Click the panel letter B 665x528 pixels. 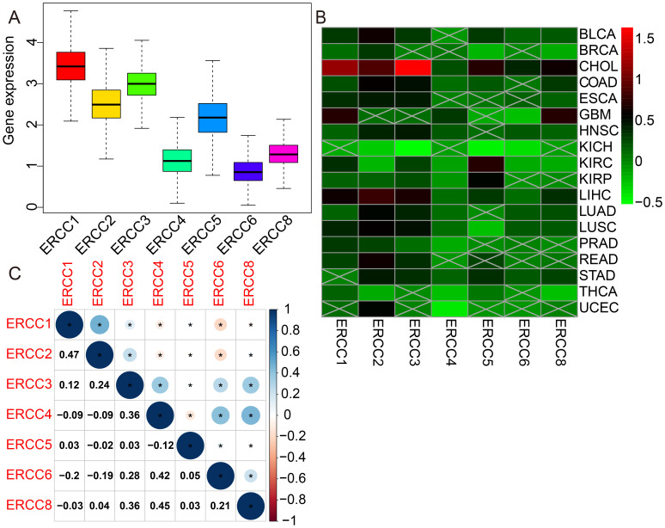320,16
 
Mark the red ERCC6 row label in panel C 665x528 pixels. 25,475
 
